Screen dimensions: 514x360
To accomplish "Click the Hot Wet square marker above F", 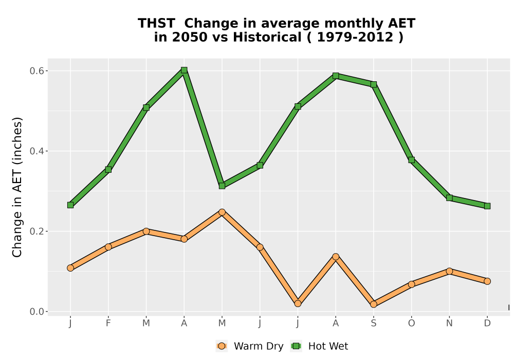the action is pyautogui.click(x=108, y=170).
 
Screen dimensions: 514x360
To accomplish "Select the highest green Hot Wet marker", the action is pyautogui.click(x=184, y=70).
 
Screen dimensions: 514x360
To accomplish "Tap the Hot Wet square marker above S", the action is pyautogui.click(x=373, y=84).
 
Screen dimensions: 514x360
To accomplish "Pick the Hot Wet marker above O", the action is pyautogui.click(x=411, y=160).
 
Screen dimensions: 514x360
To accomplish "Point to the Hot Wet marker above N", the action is pyautogui.click(x=449, y=198).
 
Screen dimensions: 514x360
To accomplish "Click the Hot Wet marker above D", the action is pyautogui.click(x=487, y=206).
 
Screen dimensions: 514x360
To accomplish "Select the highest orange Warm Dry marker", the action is pyautogui.click(x=222, y=212).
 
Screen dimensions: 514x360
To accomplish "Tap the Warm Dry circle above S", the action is pyautogui.click(x=373, y=304).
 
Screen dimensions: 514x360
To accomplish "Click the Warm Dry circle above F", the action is pyautogui.click(x=108, y=247).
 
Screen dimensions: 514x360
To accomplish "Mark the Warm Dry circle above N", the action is pyautogui.click(x=449, y=271).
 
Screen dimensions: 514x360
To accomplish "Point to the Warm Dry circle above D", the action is pyautogui.click(x=487, y=281).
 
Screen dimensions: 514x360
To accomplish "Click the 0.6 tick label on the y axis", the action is pyautogui.click(x=36, y=71).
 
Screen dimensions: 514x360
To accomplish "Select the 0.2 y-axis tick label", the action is pyautogui.click(x=36, y=231).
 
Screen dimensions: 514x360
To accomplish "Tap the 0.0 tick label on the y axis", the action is pyautogui.click(x=36, y=312).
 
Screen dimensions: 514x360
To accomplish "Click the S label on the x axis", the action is pyautogui.click(x=373, y=323).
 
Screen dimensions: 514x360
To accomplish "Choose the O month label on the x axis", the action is pyautogui.click(x=411, y=323).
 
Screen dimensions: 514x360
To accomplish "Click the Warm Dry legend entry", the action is pyautogui.click(x=249, y=346).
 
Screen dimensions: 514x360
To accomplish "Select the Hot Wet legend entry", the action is pyautogui.click(x=319, y=346).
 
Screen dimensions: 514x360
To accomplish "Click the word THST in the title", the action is pyautogui.click(x=156, y=24).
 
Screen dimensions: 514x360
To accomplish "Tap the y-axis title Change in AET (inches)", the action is pyautogui.click(x=17, y=187).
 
